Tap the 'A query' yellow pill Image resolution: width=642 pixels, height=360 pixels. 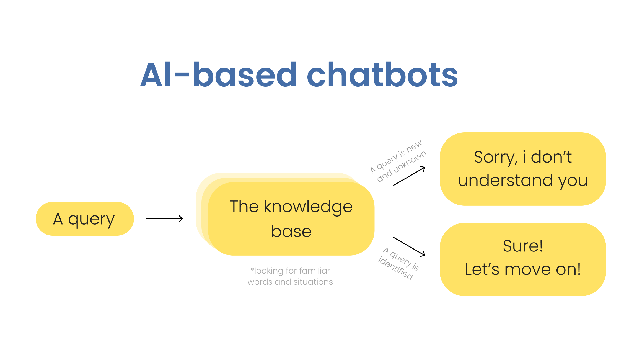pyautogui.click(x=84, y=219)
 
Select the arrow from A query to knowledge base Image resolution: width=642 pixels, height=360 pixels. pyautogui.click(x=164, y=219)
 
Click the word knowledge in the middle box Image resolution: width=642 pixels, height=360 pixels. pyautogui.click(x=308, y=207)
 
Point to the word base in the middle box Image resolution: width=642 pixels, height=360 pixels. pyautogui.click(x=291, y=231)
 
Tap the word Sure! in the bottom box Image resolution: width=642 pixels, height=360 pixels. pyautogui.click(x=523, y=246)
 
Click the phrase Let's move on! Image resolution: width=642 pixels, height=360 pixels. pyautogui.click(x=523, y=269)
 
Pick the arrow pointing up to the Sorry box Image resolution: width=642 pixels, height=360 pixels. pyautogui.click(x=409, y=176)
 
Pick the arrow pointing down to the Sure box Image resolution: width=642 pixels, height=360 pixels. pyautogui.click(x=409, y=246)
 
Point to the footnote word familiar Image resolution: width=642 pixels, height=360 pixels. pyautogui.click(x=314, y=271)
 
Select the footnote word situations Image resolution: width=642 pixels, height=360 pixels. pyautogui.click(x=313, y=282)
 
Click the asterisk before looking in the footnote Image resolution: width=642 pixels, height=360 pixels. pyautogui.click(x=252, y=269)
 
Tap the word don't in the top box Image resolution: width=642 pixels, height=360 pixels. pyautogui.click(x=551, y=157)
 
